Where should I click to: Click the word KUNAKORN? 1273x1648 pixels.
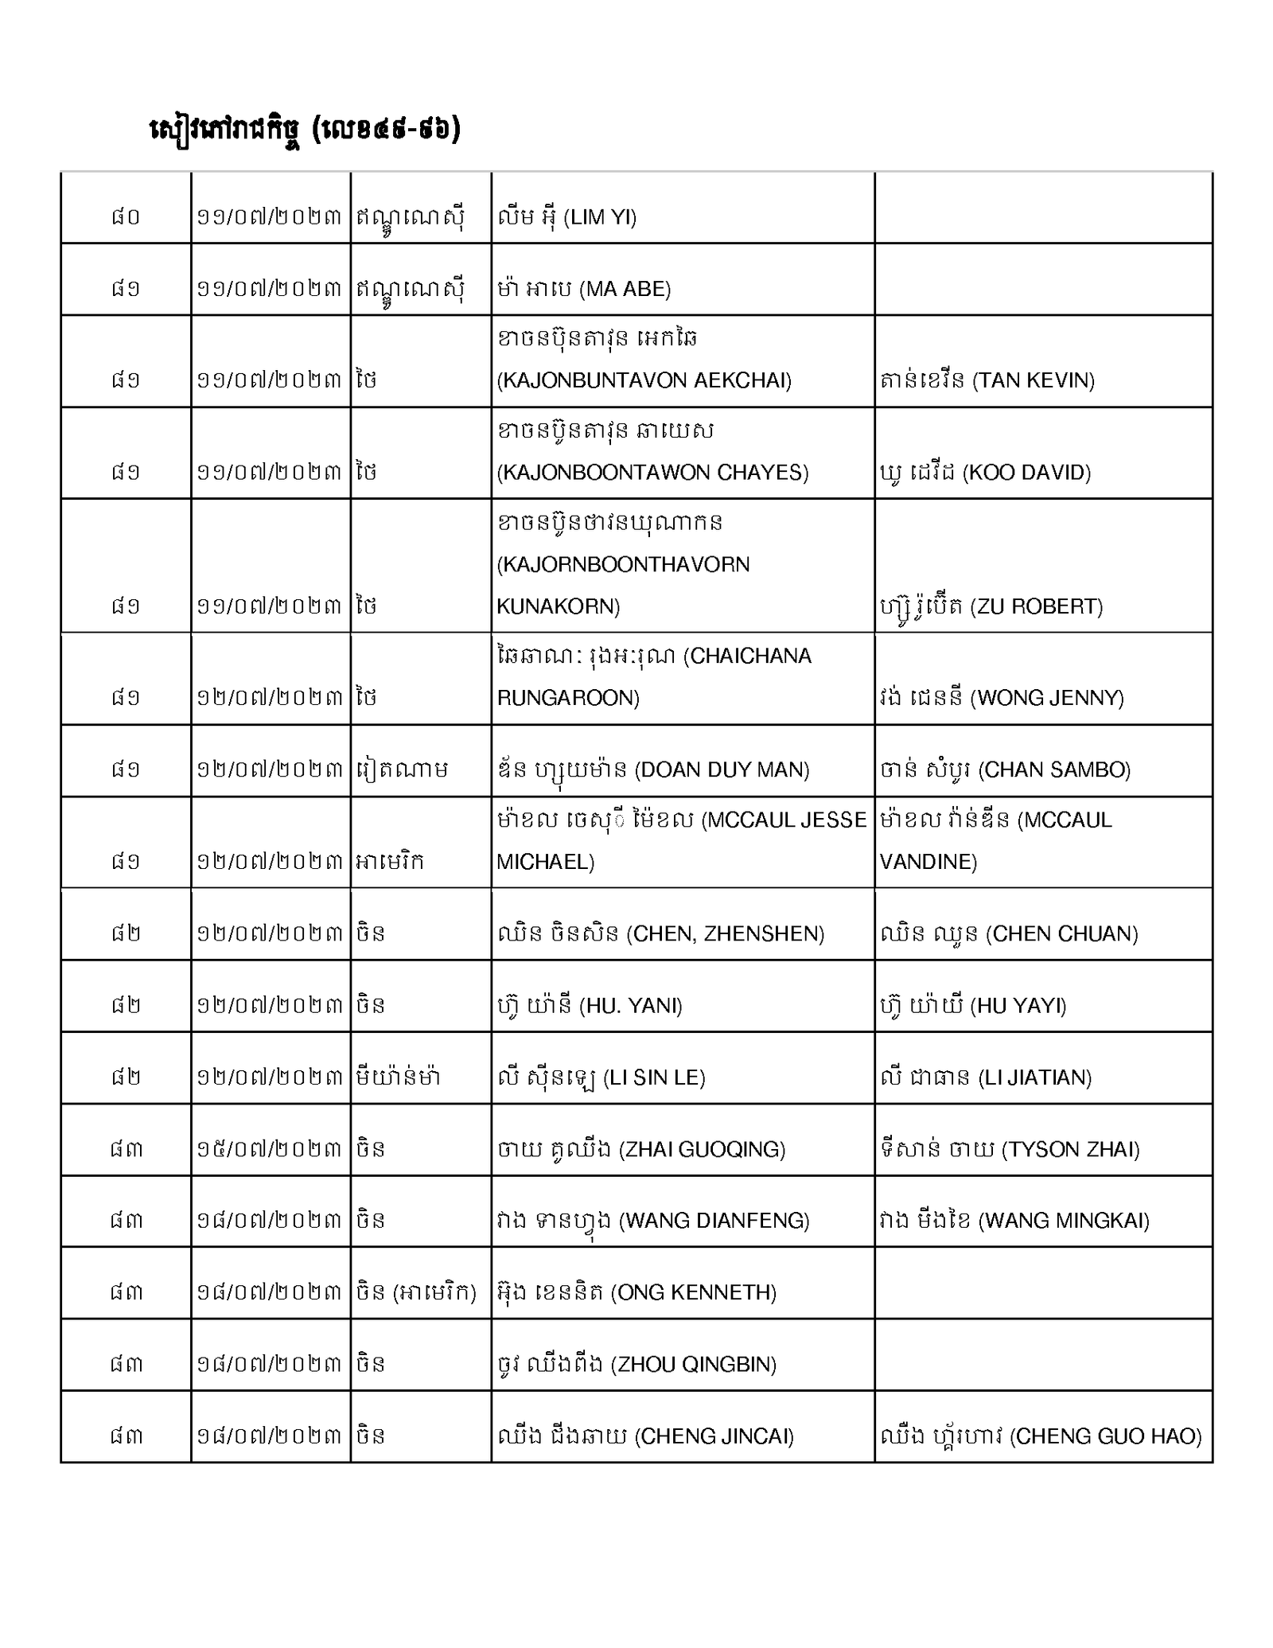click(x=558, y=606)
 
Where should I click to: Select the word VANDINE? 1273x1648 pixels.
click(x=928, y=862)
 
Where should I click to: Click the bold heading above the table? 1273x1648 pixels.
click(x=305, y=130)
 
